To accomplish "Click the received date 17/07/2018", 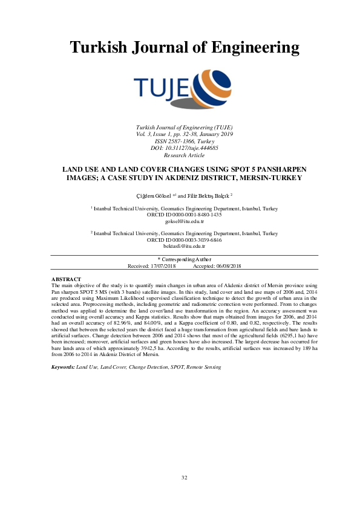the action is click(x=162, y=266).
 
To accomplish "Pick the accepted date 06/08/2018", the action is click(x=227, y=266).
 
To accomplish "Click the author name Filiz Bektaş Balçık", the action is click(x=206, y=195).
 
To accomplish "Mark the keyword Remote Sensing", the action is click(x=204, y=367).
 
